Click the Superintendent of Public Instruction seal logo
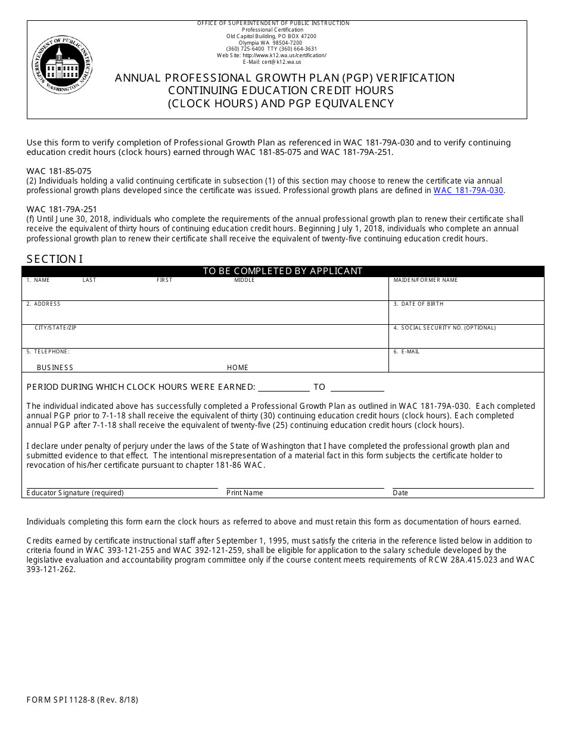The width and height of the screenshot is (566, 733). pyautogui.click(x=62, y=64)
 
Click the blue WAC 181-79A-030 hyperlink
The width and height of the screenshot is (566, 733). pyautogui.click(x=468, y=191)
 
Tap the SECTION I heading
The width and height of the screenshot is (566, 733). pyautogui.click(x=55, y=259)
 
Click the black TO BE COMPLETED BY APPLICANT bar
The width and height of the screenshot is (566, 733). pyautogui.click(x=282, y=271)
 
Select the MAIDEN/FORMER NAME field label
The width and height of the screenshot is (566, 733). pyautogui.click(x=425, y=280)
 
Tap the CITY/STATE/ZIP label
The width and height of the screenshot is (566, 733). pyautogui.click(x=55, y=328)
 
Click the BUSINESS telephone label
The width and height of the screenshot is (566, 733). pyautogui.click(x=55, y=368)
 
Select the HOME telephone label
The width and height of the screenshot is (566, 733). pyautogui.click(x=238, y=368)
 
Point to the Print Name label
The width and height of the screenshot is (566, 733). pyautogui.click(x=244, y=493)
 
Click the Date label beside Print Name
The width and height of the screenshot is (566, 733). pyautogui.click(x=400, y=493)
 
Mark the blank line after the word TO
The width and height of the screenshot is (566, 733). pyautogui.click(x=356, y=387)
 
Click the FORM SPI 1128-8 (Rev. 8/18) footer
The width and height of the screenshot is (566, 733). pyautogui.click(x=82, y=700)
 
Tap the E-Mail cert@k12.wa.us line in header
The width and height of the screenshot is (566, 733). pyautogui.click(x=272, y=62)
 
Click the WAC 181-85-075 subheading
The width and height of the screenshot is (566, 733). pyautogui.click(x=59, y=171)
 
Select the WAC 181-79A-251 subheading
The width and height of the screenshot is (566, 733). pyautogui.click(x=61, y=209)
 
